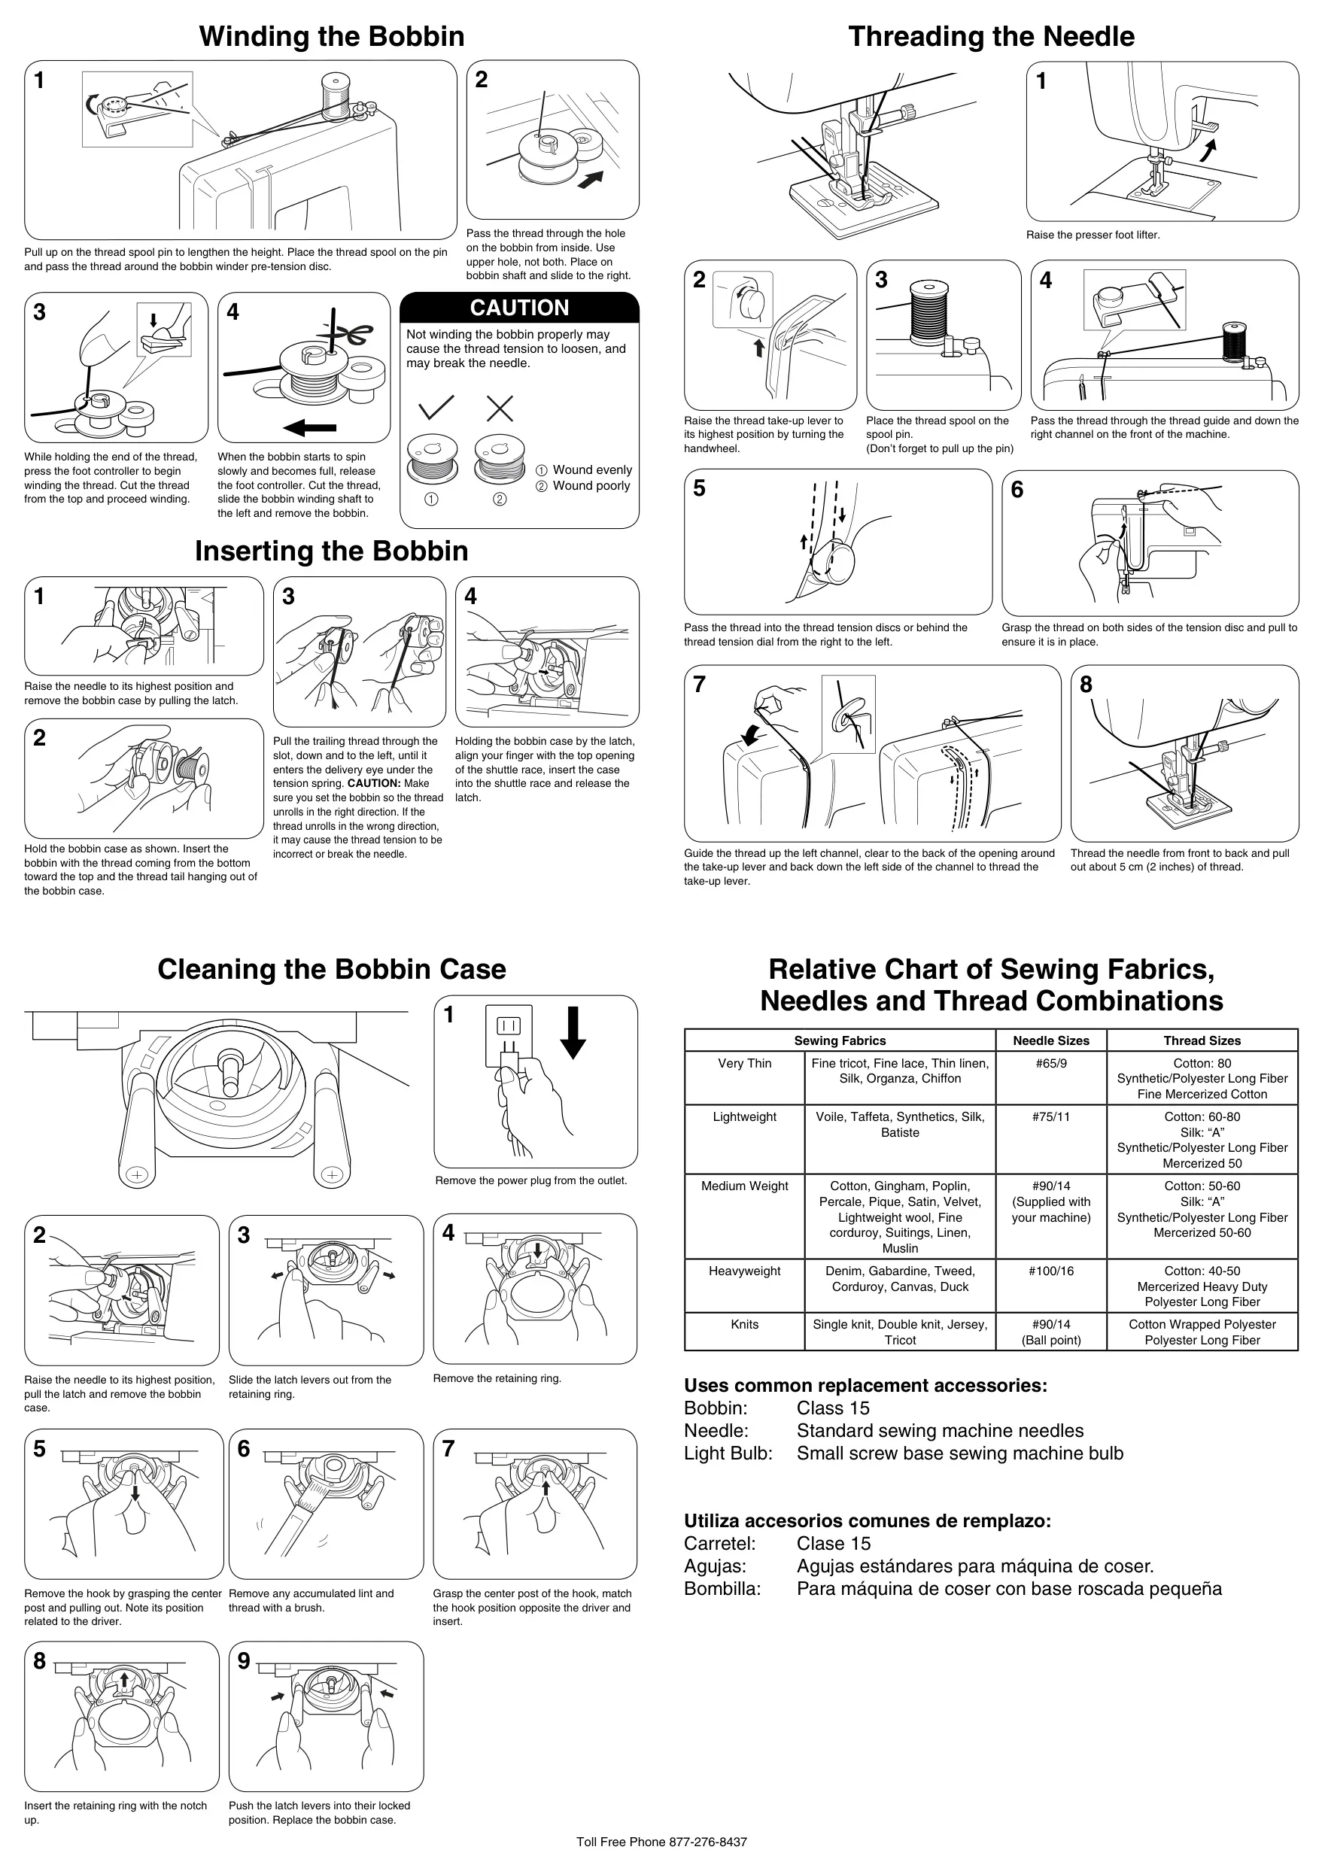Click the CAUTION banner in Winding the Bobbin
click(519, 308)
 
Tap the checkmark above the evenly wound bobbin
click(436, 408)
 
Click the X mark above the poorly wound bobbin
click(500, 408)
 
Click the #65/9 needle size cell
click(1051, 1063)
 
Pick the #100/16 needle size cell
click(1051, 1271)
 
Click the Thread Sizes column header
click(1202, 1040)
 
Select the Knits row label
click(744, 1324)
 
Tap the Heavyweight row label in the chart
click(744, 1271)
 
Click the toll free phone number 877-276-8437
click(707, 1842)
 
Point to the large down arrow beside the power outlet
click(573, 1032)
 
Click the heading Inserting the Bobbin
click(331, 551)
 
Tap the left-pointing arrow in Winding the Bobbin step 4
click(309, 427)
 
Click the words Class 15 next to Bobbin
click(833, 1408)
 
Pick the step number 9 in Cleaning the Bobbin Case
click(243, 1661)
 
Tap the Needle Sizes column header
click(1051, 1040)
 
